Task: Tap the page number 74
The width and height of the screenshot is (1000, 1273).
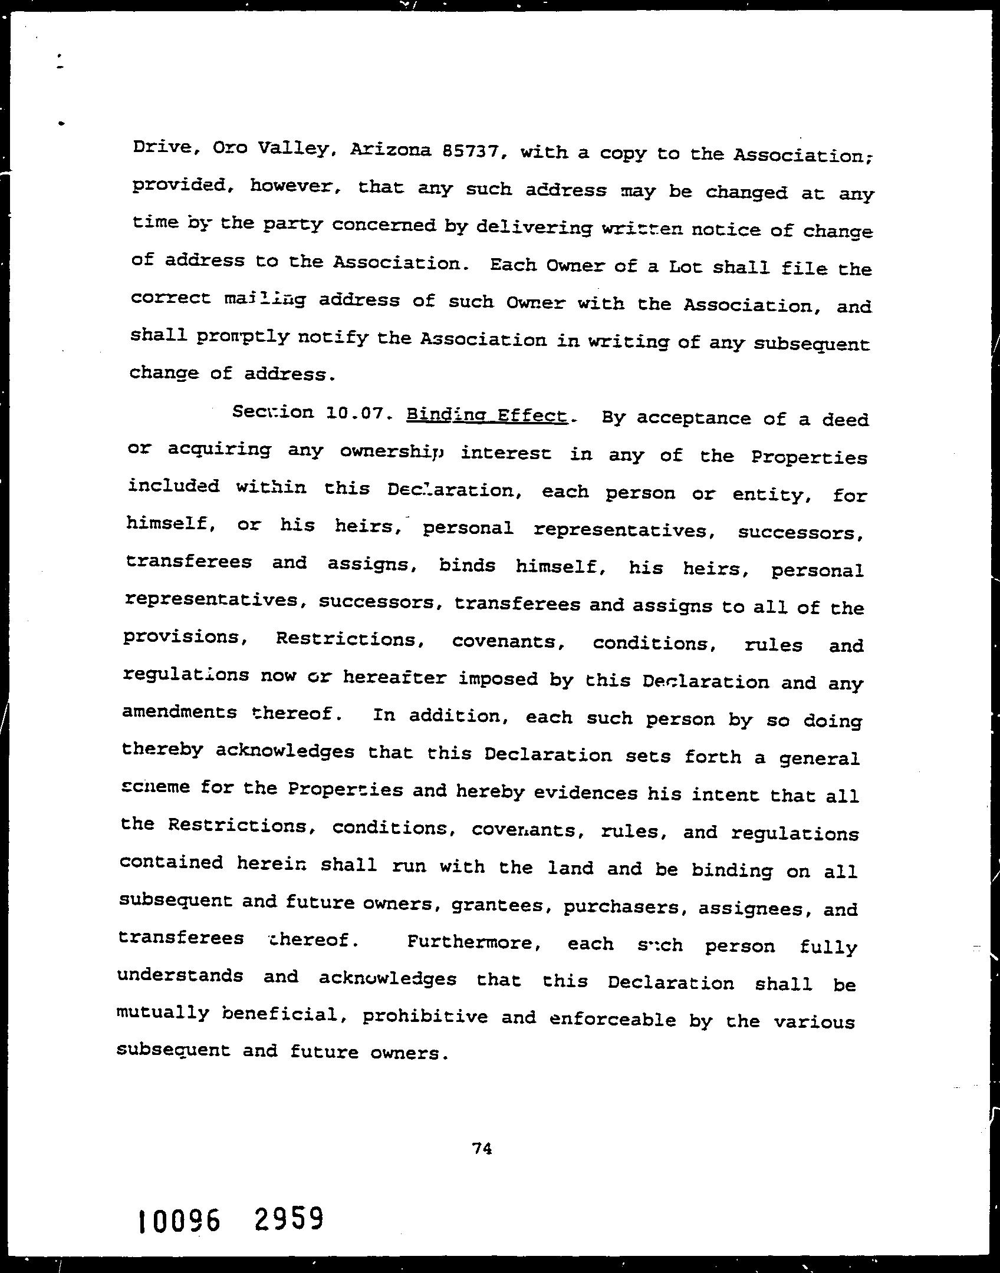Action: [x=482, y=1148]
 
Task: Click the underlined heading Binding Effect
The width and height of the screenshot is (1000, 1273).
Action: [x=487, y=415]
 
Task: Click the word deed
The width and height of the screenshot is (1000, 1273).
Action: [x=846, y=420]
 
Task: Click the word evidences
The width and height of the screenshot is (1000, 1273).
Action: [x=585, y=793]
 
